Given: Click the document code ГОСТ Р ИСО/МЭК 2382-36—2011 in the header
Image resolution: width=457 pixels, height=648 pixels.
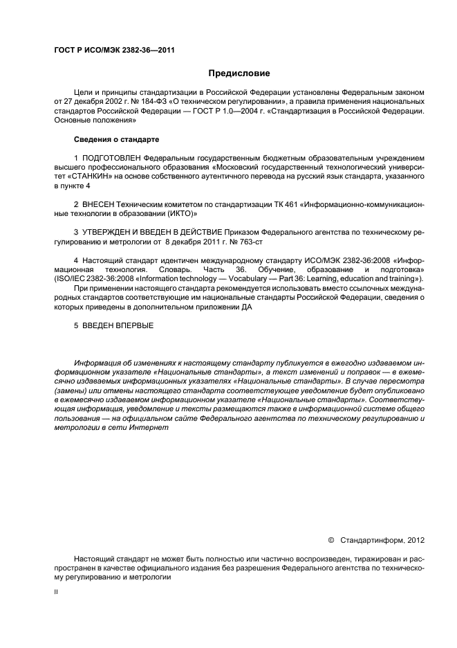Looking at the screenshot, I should (101, 51).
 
